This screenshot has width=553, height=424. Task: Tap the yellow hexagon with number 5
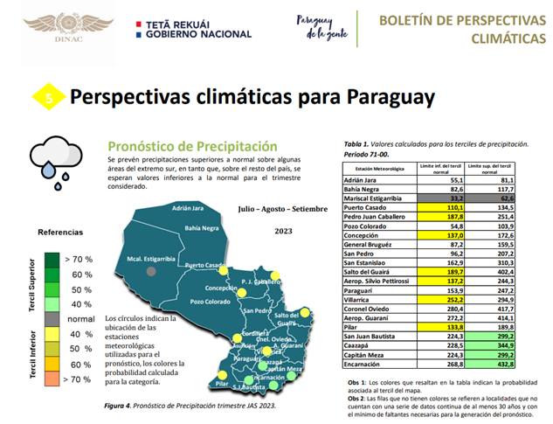[49, 99]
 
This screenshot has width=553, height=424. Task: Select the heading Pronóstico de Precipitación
[192, 146]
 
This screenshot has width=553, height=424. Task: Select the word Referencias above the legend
[60, 233]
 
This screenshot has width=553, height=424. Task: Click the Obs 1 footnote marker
[354, 384]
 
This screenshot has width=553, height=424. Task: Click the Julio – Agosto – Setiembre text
[276, 210]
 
